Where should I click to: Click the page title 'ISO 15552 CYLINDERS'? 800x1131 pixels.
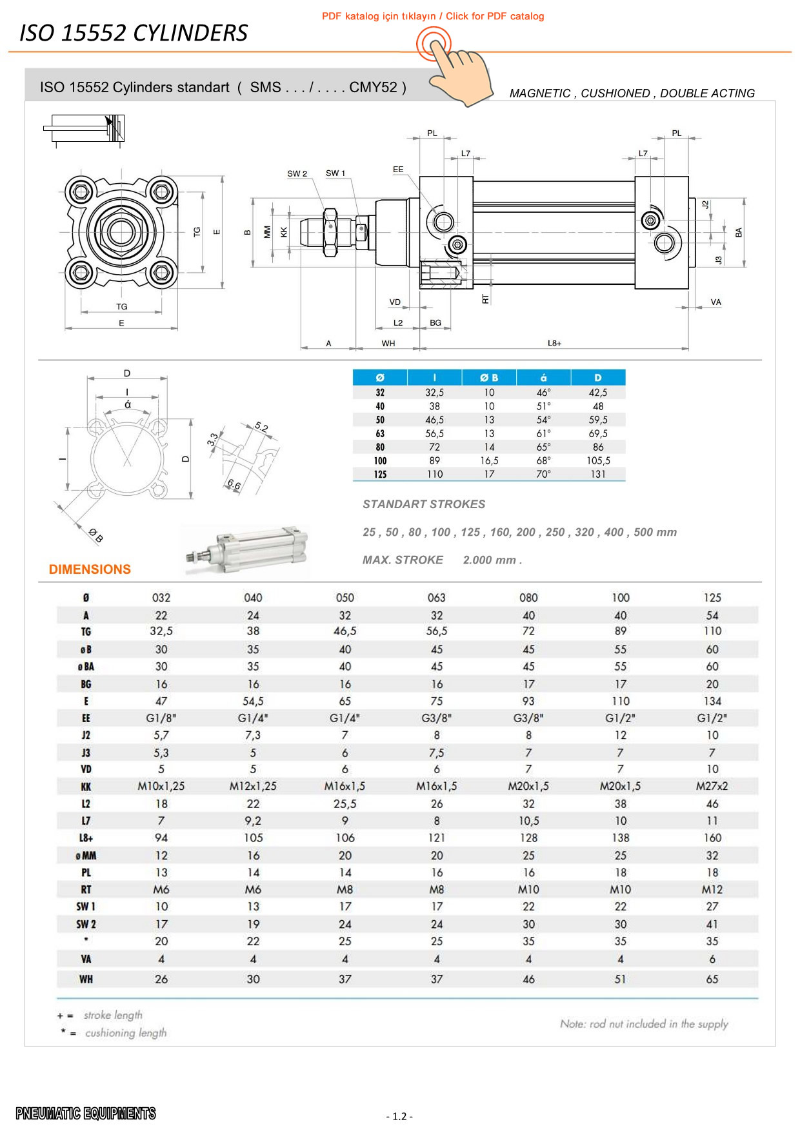134,33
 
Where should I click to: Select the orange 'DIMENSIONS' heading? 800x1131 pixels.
90,569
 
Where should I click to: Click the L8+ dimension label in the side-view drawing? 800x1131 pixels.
554,343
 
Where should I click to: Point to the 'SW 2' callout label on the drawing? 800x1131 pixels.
297,173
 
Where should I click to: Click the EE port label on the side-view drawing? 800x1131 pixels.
398,170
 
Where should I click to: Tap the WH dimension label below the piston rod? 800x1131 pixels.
388,344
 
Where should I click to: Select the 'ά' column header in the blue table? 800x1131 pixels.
543,378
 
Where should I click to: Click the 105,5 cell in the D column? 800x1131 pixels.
598,460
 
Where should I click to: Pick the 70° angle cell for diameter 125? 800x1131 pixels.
543,474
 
